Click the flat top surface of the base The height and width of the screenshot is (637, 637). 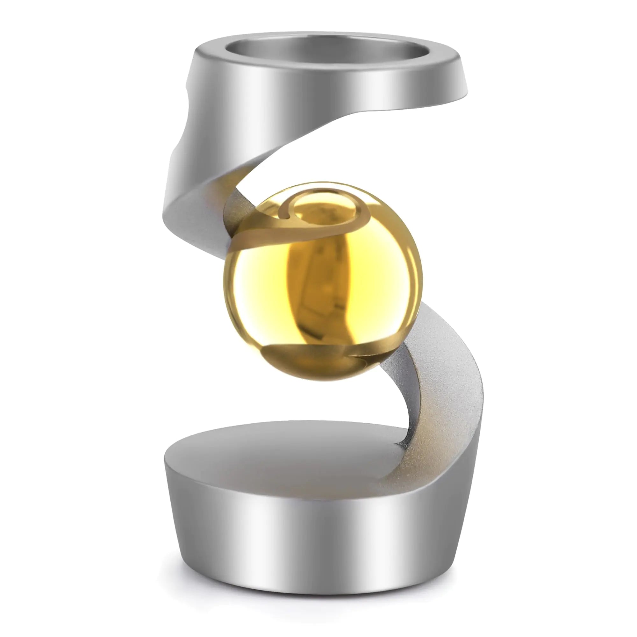[280, 455]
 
